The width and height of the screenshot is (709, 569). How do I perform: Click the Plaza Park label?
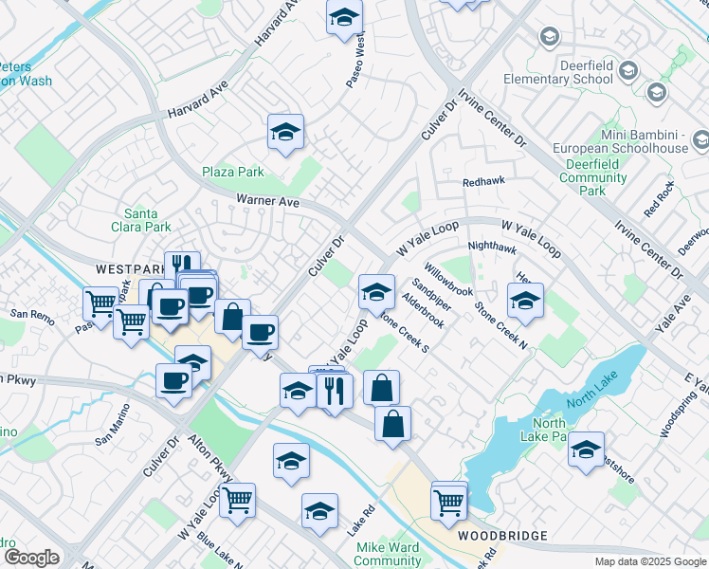click(x=232, y=173)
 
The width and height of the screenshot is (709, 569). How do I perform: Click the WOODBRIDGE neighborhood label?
click(x=502, y=536)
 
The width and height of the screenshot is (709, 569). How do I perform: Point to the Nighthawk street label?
click(x=492, y=248)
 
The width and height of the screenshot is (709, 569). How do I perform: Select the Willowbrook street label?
click(x=447, y=280)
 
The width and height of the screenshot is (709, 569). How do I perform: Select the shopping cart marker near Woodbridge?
click(x=448, y=502)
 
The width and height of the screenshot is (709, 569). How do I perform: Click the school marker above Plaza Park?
click(x=285, y=134)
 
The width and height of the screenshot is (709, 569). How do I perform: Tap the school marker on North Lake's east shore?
click(x=586, y=450)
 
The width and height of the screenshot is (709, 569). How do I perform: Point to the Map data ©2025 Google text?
click(x=649, y=561)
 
